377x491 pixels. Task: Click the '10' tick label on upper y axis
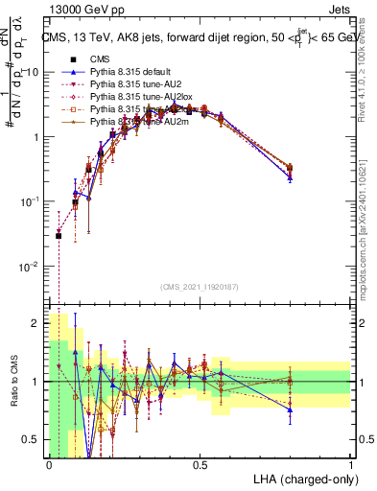32,73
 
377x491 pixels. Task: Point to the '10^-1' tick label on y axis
30,201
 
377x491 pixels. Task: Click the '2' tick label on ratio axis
35,323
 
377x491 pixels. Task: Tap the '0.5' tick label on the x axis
200,463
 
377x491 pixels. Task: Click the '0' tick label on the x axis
49,463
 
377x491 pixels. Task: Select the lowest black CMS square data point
59,236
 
